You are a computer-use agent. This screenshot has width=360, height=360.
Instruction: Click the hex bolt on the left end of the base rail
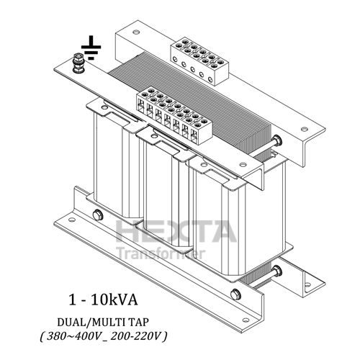point(97,214)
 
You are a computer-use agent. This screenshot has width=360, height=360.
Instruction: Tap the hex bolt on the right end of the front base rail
point(235,293)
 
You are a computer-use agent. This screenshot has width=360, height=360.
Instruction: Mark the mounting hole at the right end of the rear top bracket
point(305,130)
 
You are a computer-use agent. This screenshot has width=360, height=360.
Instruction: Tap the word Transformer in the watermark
point(161,253)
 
